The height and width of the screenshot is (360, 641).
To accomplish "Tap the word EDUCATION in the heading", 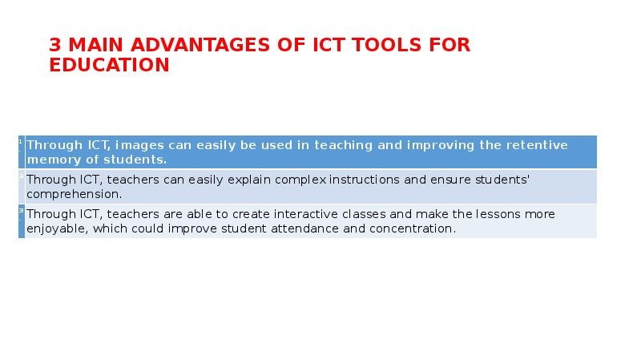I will tap(109, 66).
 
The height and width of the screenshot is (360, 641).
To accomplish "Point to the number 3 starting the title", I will tap(54, 46).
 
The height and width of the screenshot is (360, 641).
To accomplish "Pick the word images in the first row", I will tap(139, 145).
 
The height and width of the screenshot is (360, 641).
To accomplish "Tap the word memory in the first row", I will tap(51, 159).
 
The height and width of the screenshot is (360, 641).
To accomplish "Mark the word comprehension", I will tap(73, 193).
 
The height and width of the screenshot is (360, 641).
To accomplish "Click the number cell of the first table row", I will tap(21, 152).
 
